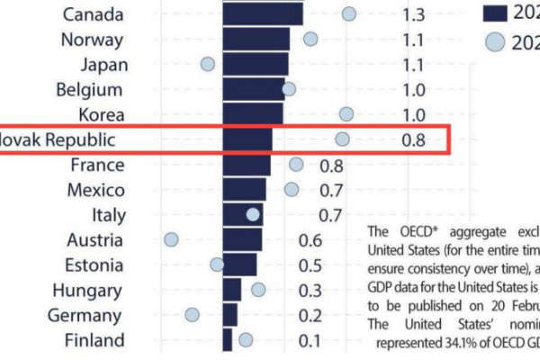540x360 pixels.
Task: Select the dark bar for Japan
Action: [x=255, y=64]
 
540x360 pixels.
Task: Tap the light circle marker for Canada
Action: [x=348, y=14]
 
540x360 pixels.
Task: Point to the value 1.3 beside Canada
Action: [x=413, y=15]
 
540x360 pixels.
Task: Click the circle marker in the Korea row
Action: [x=346, y=113]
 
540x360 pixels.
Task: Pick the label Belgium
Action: [x=88, y=89]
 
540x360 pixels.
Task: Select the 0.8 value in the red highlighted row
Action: [x=413, y=139]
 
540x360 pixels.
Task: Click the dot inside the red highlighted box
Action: [x=342, y=139]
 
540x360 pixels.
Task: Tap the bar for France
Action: [x=246, y=165]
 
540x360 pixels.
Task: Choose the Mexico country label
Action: [x=94, y=190]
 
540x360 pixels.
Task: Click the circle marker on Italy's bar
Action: [x=253, y=214]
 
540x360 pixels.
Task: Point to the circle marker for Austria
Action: [x=171, y=239]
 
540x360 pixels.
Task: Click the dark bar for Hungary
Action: [x=231, y=290]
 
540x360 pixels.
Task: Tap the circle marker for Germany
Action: [x=192, y=314]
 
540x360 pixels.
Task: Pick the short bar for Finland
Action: [x=227, y=339]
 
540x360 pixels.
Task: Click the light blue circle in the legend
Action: [x=493, y=43]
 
